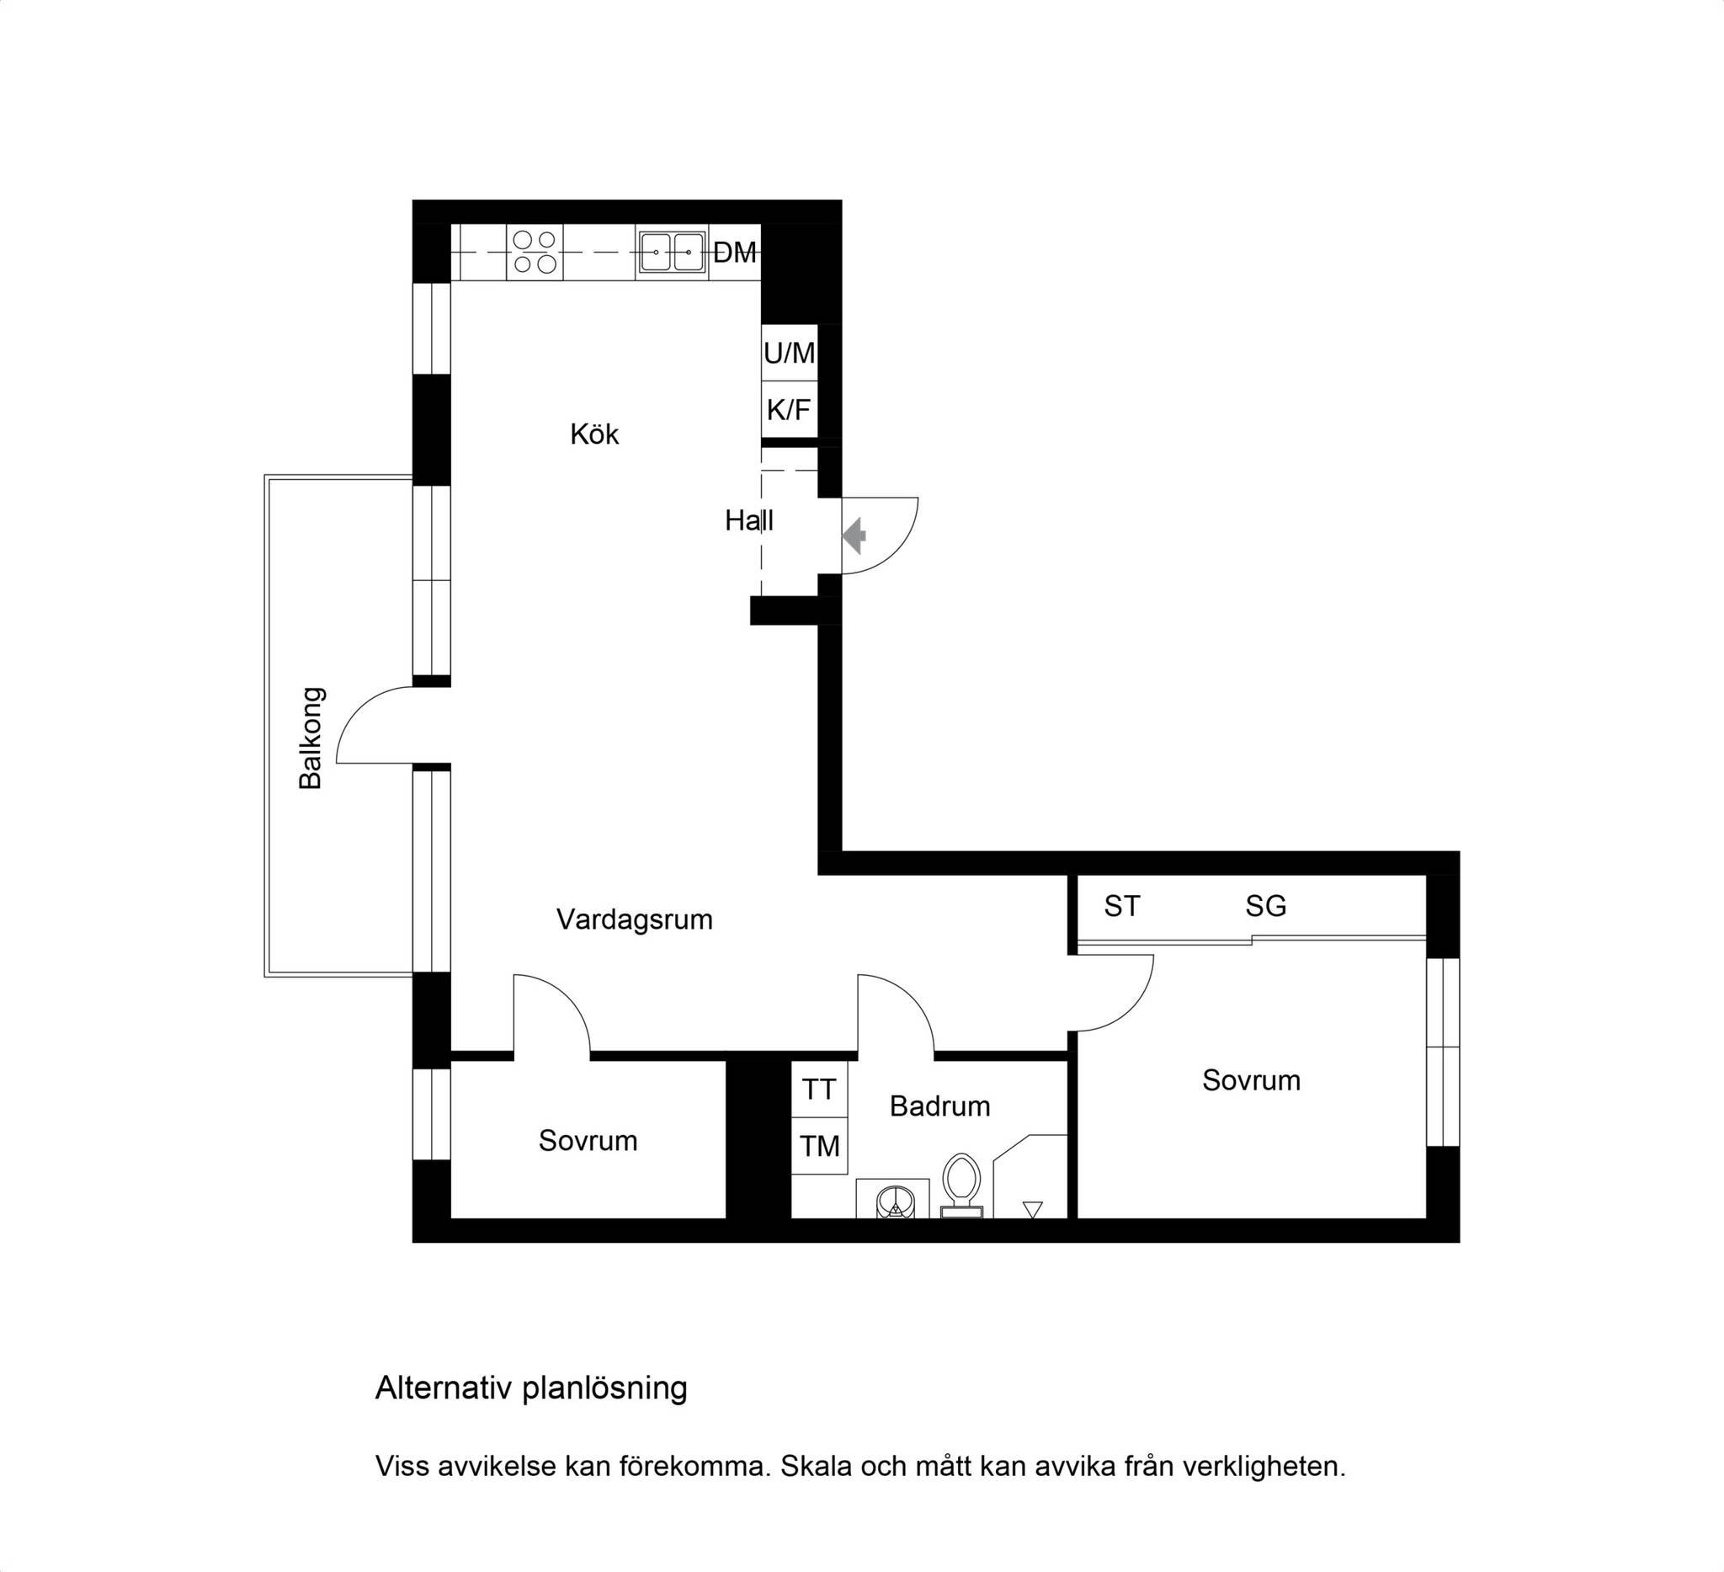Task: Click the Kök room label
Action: tap(594, 434)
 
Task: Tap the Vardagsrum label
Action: tap(635, 920)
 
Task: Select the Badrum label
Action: tap(939, 1106)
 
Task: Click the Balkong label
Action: tap(311, 738)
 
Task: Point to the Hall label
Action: tap(749, 520)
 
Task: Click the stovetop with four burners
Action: tap(535, 253)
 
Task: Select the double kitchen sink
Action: tap(671, 253)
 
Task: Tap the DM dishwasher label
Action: tap(735, 253)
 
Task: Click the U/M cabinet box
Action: tap(790, 353)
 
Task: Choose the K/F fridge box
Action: tap(790, 410)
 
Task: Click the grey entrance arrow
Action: tap(854, 536)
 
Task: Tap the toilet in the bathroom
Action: tap(962, 1186)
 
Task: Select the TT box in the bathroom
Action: tap(819, 1090)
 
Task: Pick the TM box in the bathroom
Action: tap(819, 1146)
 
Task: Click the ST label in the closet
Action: tap(1122, 907)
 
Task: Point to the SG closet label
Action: tap(1265, 907)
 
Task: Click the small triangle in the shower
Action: tap(1033, 1209)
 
